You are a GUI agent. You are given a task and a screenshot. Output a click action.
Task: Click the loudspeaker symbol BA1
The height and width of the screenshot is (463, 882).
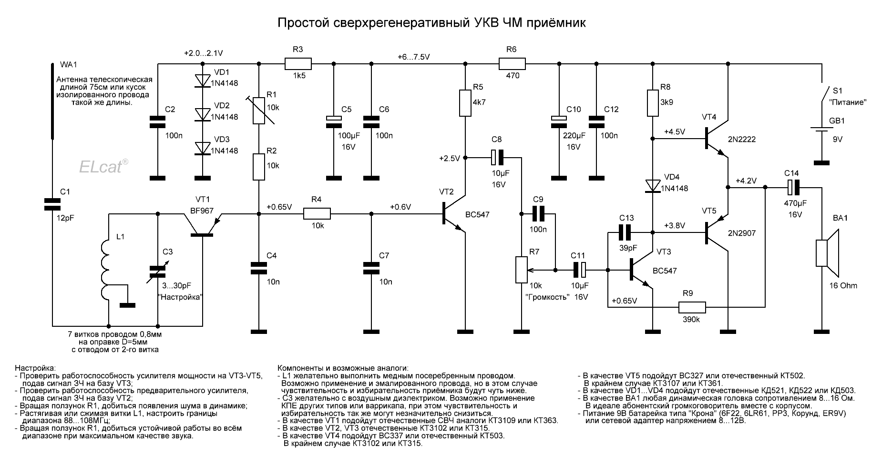pos(828,253)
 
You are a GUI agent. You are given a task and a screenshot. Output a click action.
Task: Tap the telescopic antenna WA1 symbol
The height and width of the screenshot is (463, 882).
pos(52,100)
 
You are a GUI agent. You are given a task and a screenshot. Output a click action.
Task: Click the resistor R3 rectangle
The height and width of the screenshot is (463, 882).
pos(298,63)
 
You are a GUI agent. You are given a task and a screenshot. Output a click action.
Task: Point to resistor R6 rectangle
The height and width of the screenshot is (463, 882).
pos(512,63)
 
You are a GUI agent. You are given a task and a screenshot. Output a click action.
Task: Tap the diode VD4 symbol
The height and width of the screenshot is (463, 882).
pos(652,186)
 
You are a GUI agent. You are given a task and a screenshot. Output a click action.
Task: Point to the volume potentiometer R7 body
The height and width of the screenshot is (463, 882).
pos(522,270)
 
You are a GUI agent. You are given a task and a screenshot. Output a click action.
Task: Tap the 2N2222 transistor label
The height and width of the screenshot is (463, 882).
pos(742,140)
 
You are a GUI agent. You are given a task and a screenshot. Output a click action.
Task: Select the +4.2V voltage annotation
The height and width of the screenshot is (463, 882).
pos(746,181)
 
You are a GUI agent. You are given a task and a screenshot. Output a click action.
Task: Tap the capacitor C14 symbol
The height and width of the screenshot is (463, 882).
pos(793,187)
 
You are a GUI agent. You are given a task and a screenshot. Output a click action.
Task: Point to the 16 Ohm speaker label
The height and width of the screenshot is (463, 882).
pos(842,286)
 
